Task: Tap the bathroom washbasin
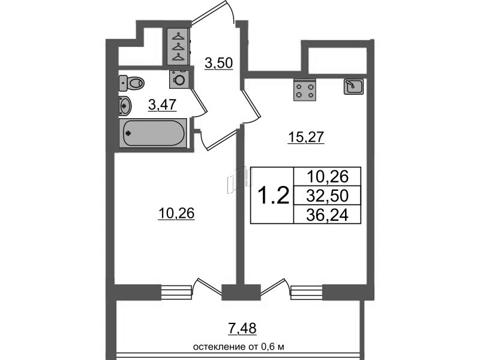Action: pos(125,104)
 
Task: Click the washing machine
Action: pos(179,79)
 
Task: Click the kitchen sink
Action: pos(353,87)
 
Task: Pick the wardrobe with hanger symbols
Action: pos(178,46)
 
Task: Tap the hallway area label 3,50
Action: pos(218,62)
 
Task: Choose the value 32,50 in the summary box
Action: pos(326,196)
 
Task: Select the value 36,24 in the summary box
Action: pos(326,214)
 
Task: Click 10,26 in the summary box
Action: pos(326,176)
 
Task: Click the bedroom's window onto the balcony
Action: pos(178,292)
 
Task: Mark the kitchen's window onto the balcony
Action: pos(307,292)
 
